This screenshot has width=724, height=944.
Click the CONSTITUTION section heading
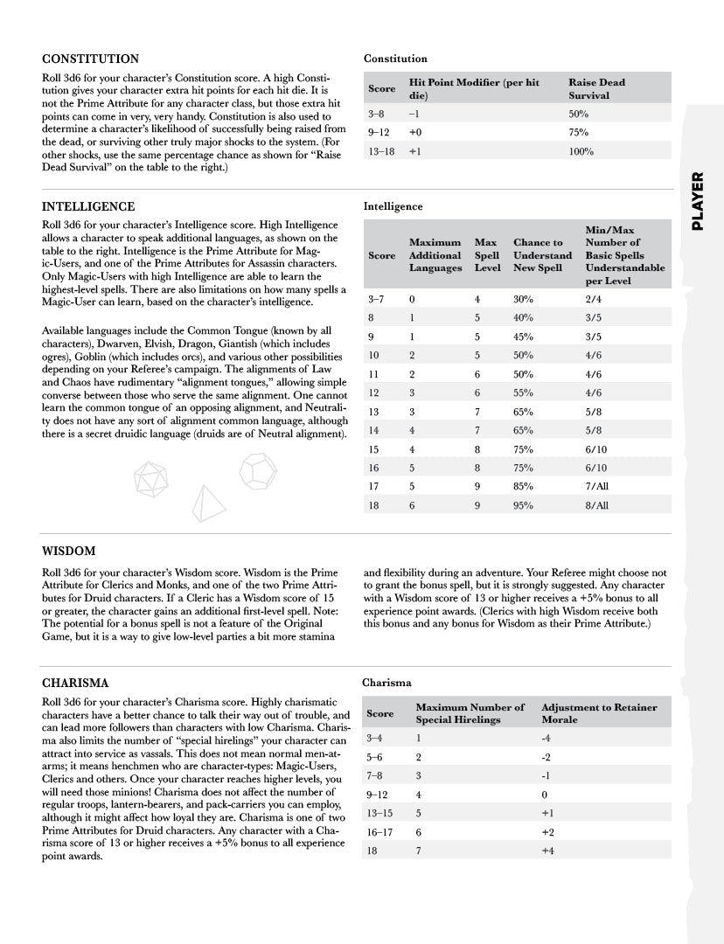90,59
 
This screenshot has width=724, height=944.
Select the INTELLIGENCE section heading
88,207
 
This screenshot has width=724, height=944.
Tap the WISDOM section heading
69,552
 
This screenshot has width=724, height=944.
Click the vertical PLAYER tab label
699,201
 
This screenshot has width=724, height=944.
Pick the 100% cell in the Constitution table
581,151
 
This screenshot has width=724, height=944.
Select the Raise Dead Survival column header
596,88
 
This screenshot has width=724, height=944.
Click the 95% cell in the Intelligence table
523,505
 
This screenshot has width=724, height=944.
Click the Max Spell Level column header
487,255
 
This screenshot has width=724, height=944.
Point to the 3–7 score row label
377,299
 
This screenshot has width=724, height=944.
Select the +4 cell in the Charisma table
547,850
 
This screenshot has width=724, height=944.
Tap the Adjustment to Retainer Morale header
599,712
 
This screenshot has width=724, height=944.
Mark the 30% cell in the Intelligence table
523,299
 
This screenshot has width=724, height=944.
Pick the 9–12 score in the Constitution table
379,133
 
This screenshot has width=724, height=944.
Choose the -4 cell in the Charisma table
546,739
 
